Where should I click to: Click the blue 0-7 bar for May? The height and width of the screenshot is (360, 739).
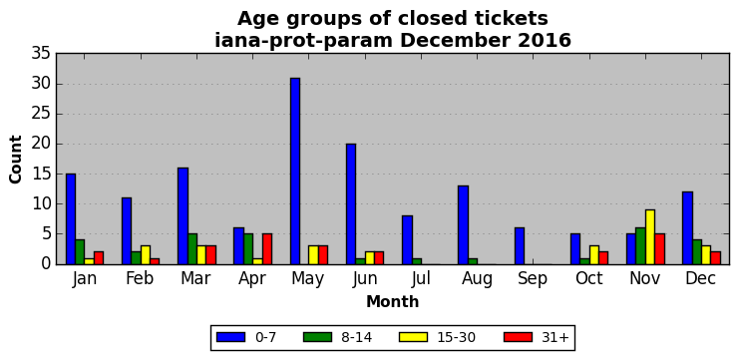pyautogui.click(x=295, y=172)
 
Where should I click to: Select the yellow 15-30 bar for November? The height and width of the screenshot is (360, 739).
pyautogui.click(x=650, y=237)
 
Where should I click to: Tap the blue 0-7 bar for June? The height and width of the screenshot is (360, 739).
pyautogui.click(x=351, y=204)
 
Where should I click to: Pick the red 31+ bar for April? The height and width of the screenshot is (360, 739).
pyautogui.click(x=267, y=248)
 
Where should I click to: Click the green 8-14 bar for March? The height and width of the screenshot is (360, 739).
pyautogui.click(x=192, y=248)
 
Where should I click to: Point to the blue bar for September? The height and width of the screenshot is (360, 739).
pyautogui.click(x=520, y=246)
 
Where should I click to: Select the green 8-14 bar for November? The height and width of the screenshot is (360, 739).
pyautogui.click(x=640, y=246)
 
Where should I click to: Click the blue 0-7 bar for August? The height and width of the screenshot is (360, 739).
pyautogui.click(x=464, y=224)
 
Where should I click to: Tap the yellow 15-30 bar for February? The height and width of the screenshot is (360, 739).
pyautogui.click(x=146, y=255)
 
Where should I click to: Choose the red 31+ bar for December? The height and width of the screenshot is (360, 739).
pyautogui.click(x=715, y=257)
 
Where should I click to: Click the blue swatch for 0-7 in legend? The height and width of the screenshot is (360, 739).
pyautogui.click(x=230, y=337)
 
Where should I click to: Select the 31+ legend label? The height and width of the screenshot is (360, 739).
pyautogui.click(x=554, y=337)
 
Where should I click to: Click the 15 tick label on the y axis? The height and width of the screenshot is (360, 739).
pyautogui.click(x=41, y=175)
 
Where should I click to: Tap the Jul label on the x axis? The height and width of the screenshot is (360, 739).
pyautogui.click(x=421, y=279)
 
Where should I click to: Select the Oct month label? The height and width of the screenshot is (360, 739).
pyautogui.click(x=588, y=279)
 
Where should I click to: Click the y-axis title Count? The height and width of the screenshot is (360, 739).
pyautogui.click(x=16, y=160)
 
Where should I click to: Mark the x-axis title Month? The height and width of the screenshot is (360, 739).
pyautogui.click(x=393, y=301)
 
